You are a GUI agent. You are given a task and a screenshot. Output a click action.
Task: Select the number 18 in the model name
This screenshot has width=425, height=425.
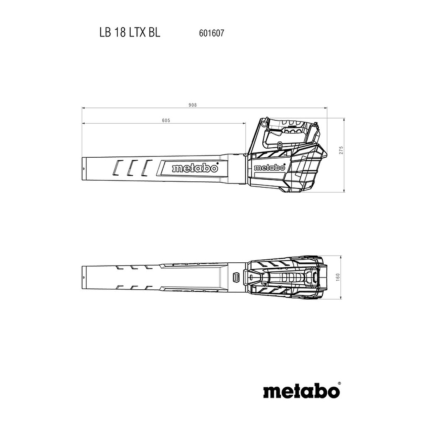pyautogui.click(x=120, y=32)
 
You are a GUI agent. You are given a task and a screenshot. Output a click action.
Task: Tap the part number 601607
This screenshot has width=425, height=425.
pyautogui.click(x=211, y=33)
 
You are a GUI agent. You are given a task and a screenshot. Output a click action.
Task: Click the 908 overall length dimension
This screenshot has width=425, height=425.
pyautogui.click(x=193, y=105)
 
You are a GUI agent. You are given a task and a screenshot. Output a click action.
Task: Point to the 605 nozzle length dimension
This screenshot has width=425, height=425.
pyautogui.click(x=166, y=120)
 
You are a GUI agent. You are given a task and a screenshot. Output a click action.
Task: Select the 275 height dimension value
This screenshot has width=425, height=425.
pyautogui.click(x=341, y=150)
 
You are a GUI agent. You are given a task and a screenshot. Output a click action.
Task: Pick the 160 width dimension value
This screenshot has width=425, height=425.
pyautogui.click(x=338, y=277)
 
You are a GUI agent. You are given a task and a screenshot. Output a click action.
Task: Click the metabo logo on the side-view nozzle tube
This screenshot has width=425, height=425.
pyautogui.click(x=195, y=168)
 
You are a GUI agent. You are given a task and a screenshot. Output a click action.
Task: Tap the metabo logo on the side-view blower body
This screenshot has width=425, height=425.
pyautogui.click(x=270, y=168)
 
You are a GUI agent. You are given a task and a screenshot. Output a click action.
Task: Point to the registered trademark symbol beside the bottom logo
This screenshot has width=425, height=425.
pyautogui.click(x=340, y=383)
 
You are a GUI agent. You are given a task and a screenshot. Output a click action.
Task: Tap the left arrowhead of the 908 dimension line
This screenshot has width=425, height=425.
pyautogui.click(x=83, y=108)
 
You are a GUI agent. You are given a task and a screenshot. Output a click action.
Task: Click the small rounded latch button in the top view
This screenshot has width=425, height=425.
pyautogui.click(x=236, y=277)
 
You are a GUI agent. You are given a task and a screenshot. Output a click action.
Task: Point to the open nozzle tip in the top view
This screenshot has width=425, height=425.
pyautogui.click(x=83, y=278)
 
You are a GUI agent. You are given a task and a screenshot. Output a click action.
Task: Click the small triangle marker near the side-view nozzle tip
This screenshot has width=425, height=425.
pyautogui.click(x=84, y=169)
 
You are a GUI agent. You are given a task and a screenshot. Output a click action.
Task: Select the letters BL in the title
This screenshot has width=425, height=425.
pyautogui.click(x=154, y=32)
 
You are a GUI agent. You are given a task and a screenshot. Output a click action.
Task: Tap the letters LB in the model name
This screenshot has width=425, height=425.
pyautogui.click(x=105, y=32)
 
